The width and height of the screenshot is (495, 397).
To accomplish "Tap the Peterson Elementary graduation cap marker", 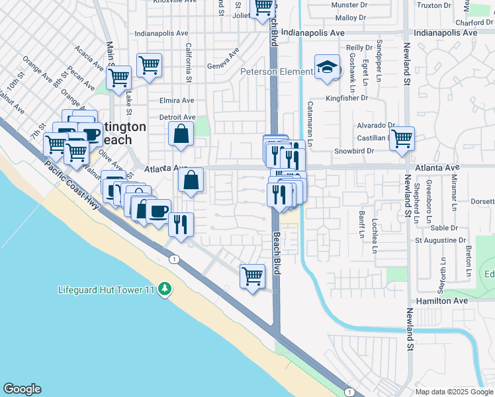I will (x=326, y=68).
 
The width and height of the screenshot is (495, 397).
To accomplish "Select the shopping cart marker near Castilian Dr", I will (x=402, y=139).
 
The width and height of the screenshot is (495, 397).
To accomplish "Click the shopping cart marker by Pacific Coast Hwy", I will (x=252, y=276).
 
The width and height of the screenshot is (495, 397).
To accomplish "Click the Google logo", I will (x=22, y=389).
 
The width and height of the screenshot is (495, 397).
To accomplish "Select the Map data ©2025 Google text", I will (x=455, y=392).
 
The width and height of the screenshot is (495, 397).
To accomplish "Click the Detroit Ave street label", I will (x=177, y=117).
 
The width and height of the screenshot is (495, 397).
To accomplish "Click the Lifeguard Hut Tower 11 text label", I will (x=106, y=290).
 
